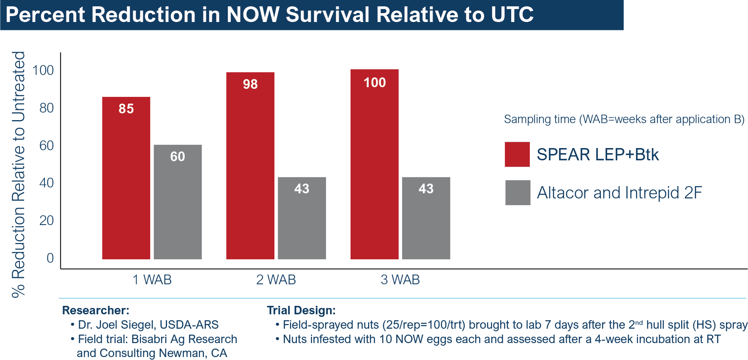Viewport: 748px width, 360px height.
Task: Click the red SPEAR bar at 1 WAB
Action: (x=126, y=178)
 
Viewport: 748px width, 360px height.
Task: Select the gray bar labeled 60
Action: (x=178, y=202)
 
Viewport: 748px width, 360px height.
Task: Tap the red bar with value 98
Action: (x=250, y=166)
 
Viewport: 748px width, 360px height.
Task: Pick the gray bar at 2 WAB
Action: (x=302, y=218)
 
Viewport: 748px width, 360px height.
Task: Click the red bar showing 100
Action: (x=375, y=164)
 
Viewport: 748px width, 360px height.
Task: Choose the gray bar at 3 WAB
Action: (x=426, y=218)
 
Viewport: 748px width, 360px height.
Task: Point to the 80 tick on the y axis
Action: (x=47, y=108)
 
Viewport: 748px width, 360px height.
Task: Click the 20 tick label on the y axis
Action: (x=47, y=220)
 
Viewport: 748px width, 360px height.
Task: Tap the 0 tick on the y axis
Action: (x=50, y=258)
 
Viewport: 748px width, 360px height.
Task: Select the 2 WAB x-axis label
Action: (x=276, y=280)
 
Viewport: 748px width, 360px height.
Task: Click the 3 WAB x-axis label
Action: (x=400, y=280)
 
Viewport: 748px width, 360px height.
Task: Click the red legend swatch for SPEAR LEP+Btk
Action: (x=517, y=154)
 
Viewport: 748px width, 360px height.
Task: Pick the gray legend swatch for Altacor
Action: (x=518, y=193)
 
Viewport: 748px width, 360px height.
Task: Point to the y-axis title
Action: (x=19, y=174)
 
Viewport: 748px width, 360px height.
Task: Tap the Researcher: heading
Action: (x=96, y=311)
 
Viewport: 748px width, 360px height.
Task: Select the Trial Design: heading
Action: (x=301, y=311)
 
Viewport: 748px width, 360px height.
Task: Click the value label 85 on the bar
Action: (x=126, y=109)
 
